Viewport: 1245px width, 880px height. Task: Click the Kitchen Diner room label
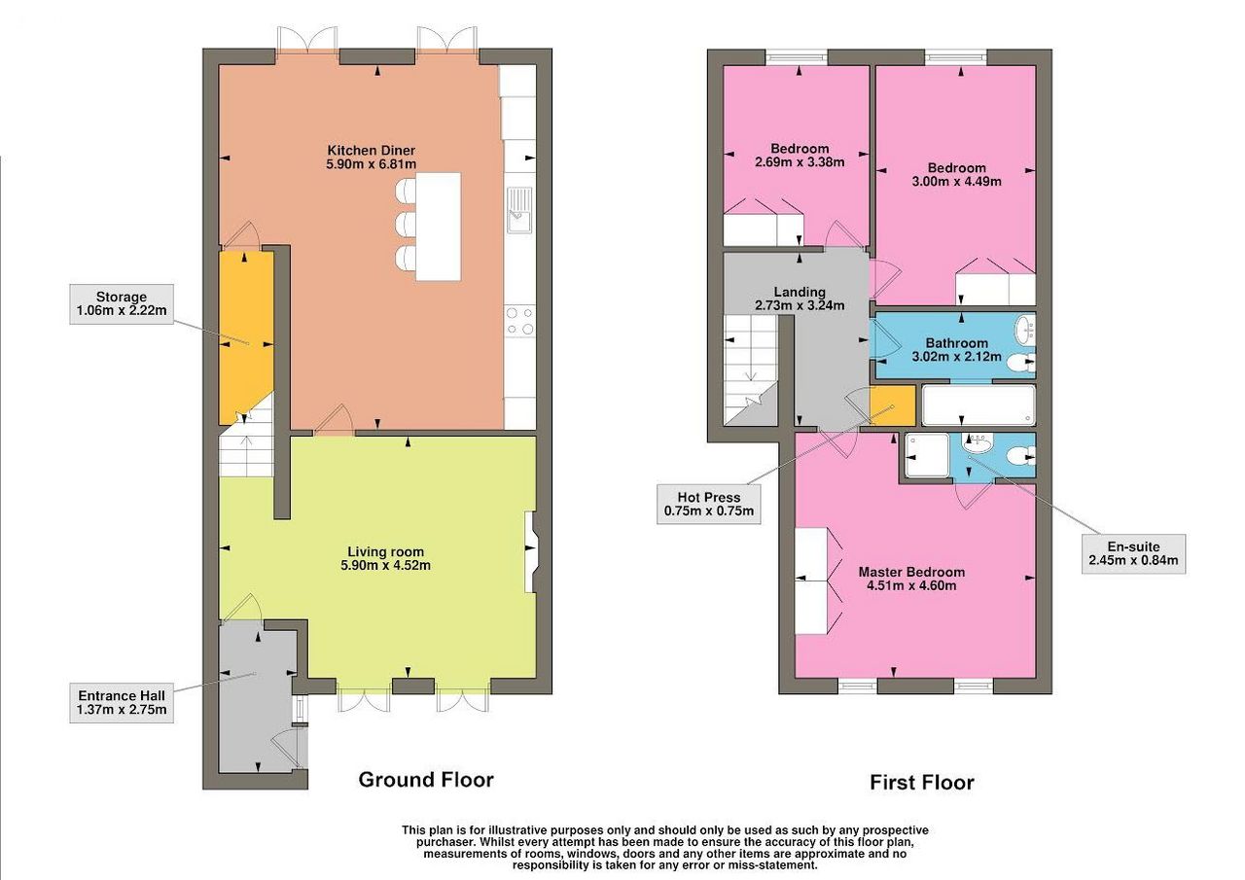click(x=372, y=158)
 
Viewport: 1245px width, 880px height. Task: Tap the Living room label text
click(x=386, y=559)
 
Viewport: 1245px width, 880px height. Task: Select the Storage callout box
click(x=122, y=304)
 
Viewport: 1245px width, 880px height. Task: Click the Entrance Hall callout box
click(x=122, y=703)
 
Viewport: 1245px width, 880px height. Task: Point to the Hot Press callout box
click(x=709, y=505)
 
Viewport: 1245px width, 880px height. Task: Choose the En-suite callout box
click(x=1133, y=554)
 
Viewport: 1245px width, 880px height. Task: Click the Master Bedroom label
click(x=911, y=579)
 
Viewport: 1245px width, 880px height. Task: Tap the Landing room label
click(x=800, y=299)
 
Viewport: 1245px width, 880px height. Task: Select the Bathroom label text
click(x=956, y=350)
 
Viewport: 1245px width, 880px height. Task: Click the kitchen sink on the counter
click(x=519, y=210)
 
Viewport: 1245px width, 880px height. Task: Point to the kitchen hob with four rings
click(x=520, y=321)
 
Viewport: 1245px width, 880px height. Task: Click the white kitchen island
click(x=439, y=227)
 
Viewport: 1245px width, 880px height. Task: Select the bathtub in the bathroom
click(x=978, y=405)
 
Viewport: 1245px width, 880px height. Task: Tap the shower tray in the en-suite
click(x=927, y=455)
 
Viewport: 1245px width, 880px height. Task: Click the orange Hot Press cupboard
click(x=892, y=406)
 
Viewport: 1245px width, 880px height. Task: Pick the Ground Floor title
click(x=426, y=780)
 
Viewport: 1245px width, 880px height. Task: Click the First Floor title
click(x=921, y=782)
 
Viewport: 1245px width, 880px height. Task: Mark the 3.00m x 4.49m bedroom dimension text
click(x=956, y=181)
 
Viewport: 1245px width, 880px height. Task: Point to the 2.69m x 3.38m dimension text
click(x=800, y=162)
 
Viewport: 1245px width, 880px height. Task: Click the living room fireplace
click(x=530, y=551)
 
